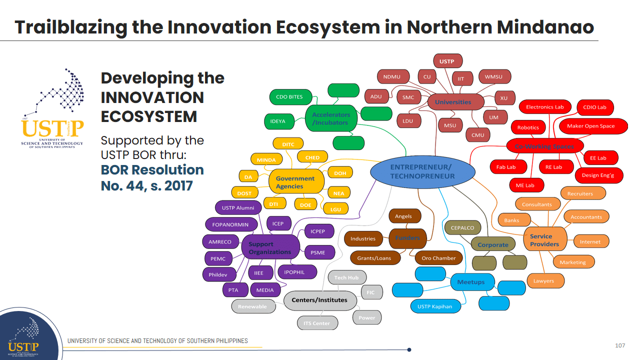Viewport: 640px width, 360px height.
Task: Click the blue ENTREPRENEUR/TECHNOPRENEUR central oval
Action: pyautogui.click(x=422, y=171)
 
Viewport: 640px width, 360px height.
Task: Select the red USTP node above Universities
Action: pyautogui.click(x=447, y=61)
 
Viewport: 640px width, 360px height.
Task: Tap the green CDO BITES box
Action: pyautogui.click(x=289, y=97)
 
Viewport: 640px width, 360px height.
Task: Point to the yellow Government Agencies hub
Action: pyautogui.click(x=295, y=182)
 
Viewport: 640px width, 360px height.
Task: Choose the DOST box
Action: pyautogui.click(x=244, y=193)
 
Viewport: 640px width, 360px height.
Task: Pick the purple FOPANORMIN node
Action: pyautogui.click(x=230, y=224)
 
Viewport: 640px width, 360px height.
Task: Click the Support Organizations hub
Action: pyautogui.click(x=270, y=248)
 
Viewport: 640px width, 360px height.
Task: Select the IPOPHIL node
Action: pyautogui.click(x=297, y=272)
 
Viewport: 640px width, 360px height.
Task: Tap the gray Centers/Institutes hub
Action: pyautogui.click(x=319, y=300)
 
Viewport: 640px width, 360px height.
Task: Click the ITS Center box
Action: pyautogui.click(x=317, y=323)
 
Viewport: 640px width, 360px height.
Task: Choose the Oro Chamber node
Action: pyautogui.click(x=439, y=258)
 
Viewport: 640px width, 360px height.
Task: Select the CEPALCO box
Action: pyautogui.click(x=462, y=227)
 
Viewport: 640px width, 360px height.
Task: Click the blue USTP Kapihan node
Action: pyautogui.click(x=435, y=306)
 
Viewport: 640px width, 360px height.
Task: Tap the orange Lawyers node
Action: pyautogui.click(x=543, y=281)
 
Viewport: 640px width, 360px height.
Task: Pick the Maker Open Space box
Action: pyautogui.click(x=590, y=126)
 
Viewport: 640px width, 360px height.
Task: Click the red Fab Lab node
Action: pyautogui.click(x=506, y=167)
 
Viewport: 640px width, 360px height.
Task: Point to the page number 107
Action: pyautogui.click(x=620, y=345)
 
